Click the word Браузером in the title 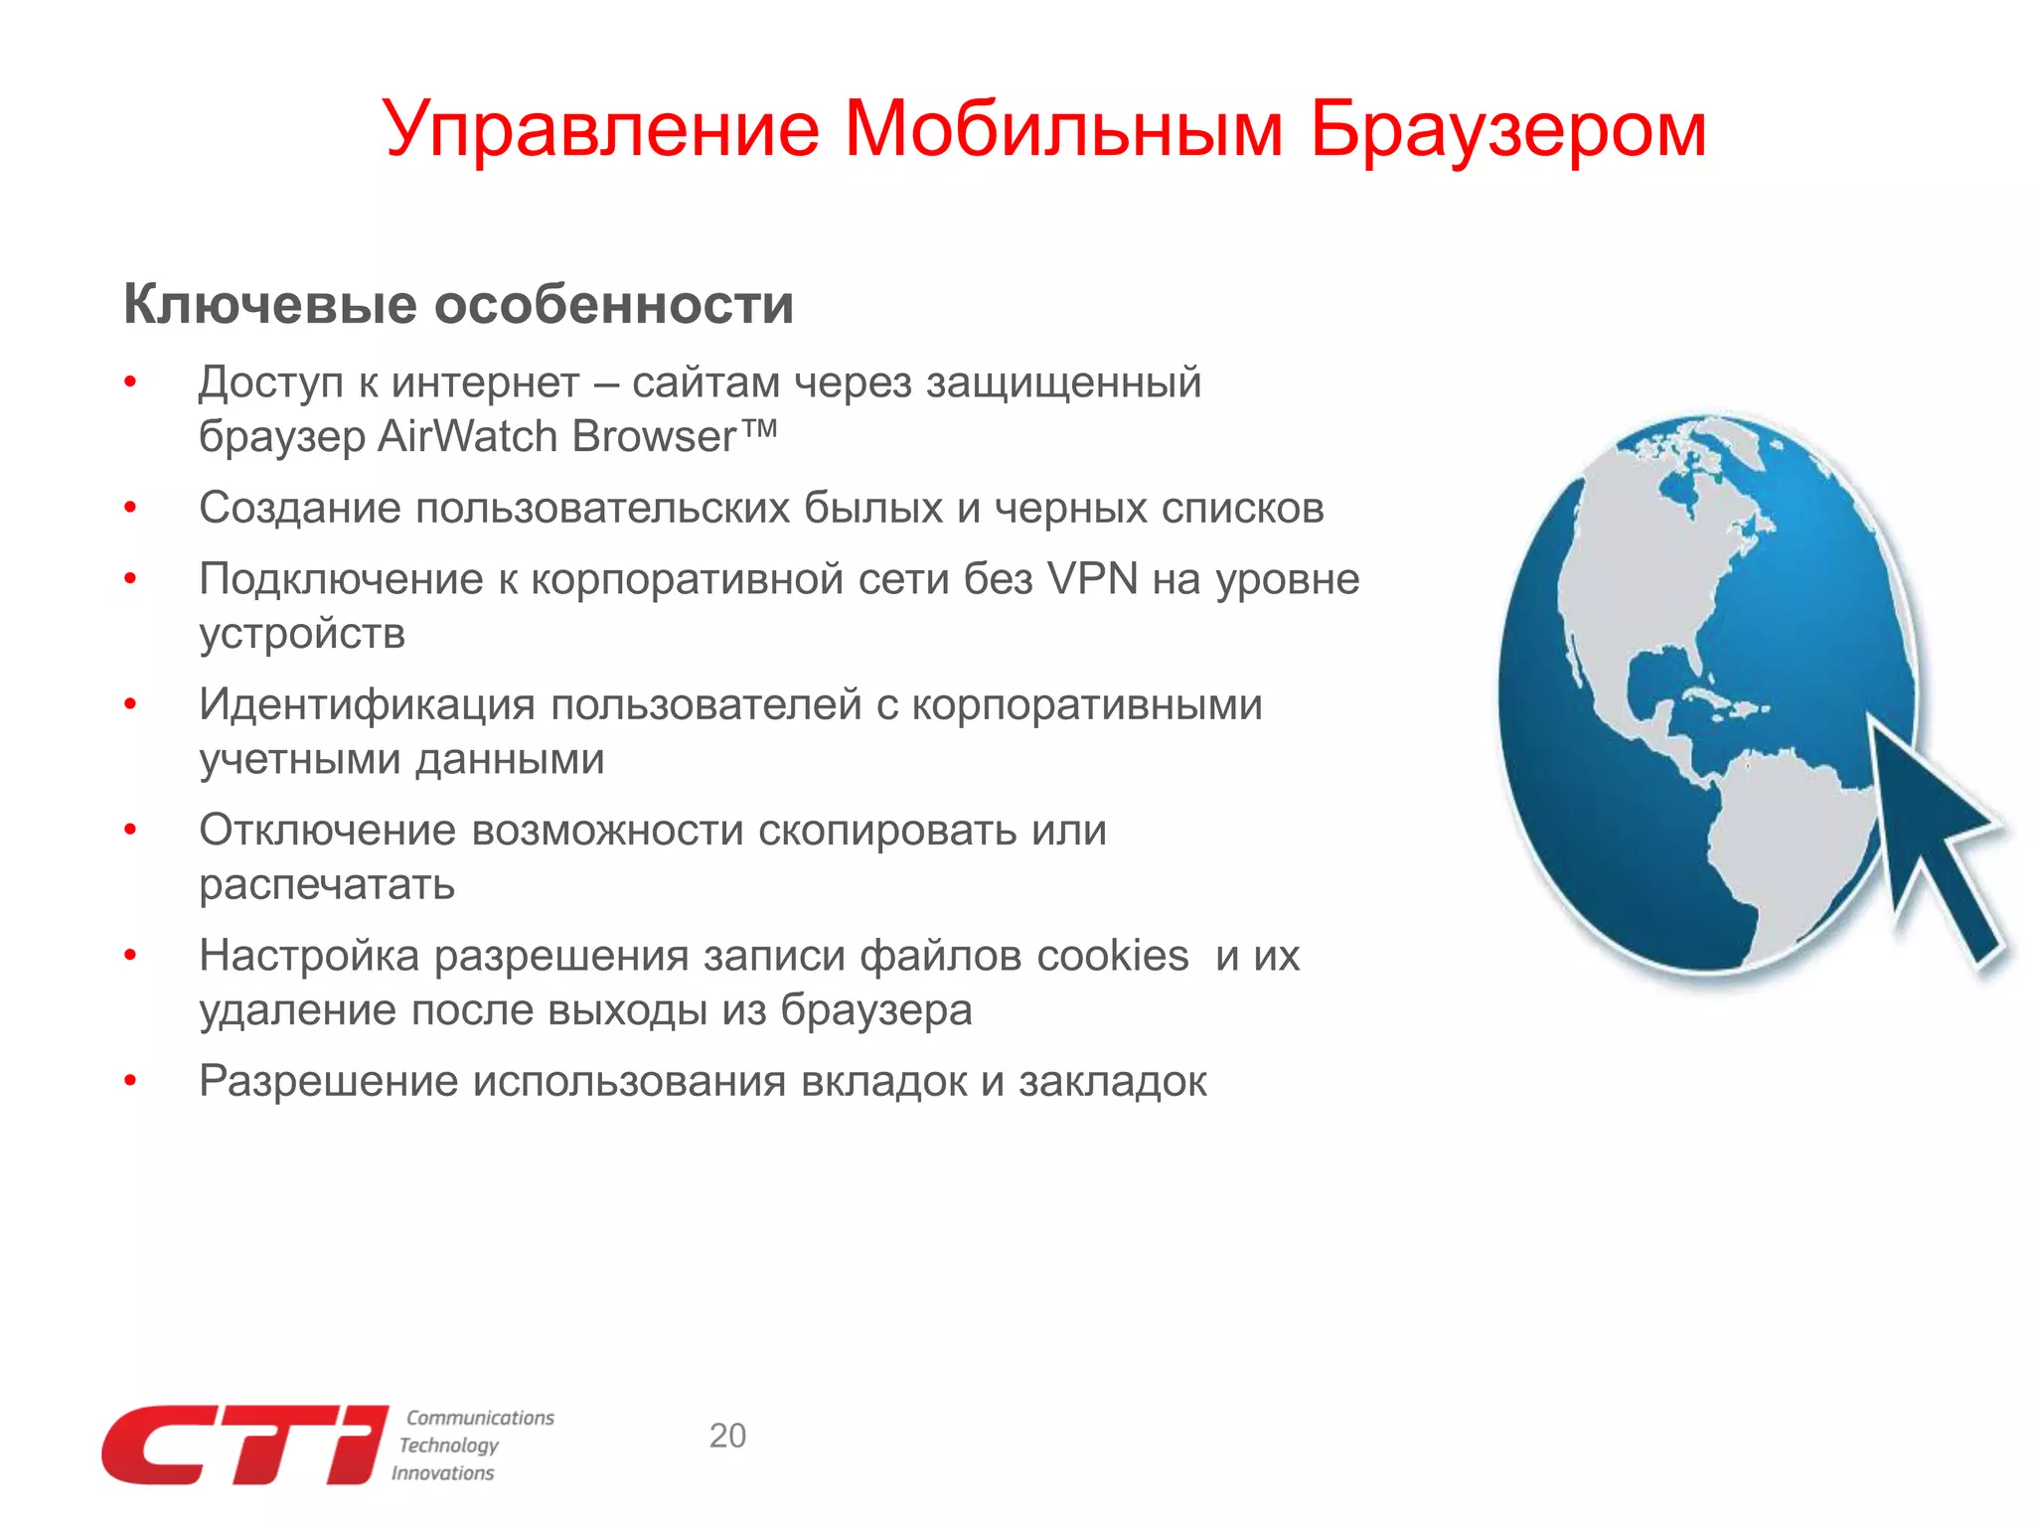point(1507,130)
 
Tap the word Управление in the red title point(601,130)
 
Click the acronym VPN point(1092,579)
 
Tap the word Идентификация point(367,705)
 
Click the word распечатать point(327,884)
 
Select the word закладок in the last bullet point(1113,1081)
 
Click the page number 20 point(727,1436)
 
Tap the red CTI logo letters point(244,1446)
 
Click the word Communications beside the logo point(480,1418)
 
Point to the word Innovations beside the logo point(442,1473)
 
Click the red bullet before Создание point(130,509)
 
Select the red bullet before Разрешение point(130,1081)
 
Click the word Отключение point(328,831)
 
